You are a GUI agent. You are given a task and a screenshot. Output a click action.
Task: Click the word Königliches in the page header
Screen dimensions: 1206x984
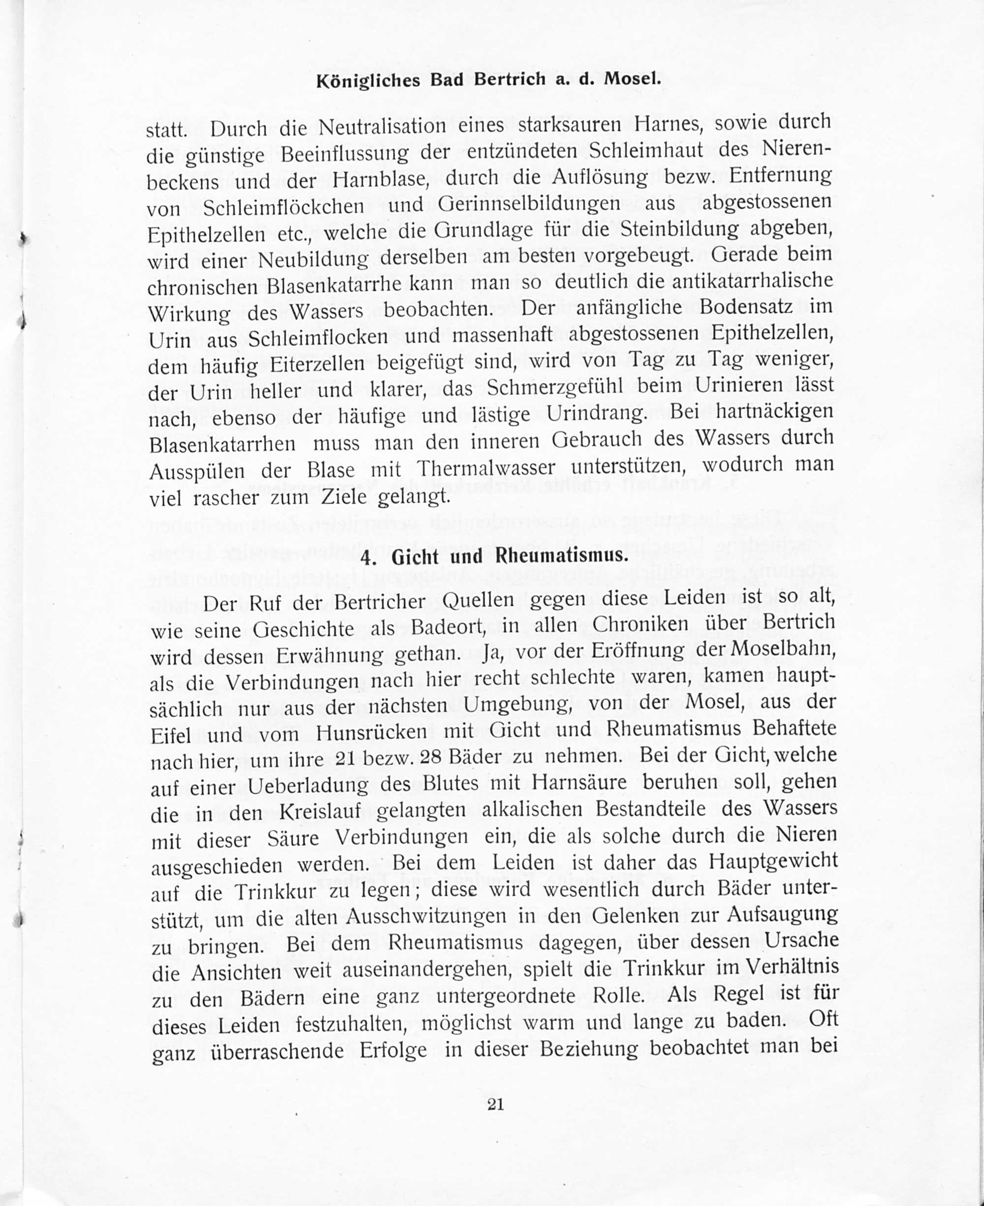click(x=368, y=81)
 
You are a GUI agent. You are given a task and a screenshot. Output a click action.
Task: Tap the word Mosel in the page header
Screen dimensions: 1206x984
click(x=632, y=78)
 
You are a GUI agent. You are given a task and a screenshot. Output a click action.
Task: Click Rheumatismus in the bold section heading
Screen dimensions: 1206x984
click(x=561, y=556)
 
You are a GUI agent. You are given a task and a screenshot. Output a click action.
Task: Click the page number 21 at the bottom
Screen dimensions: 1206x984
click(x=495, y=1104)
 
